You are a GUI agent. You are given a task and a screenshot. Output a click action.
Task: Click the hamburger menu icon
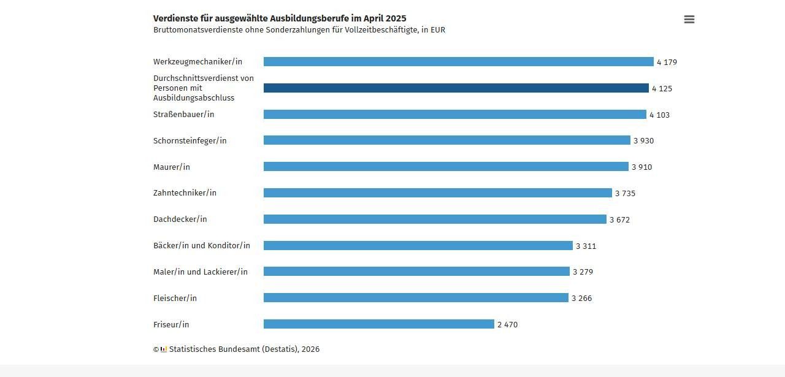tap(689, 20)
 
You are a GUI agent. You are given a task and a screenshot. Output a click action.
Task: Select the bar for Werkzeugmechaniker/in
tap(458, 62)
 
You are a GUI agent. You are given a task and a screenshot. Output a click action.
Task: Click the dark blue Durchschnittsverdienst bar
tap(456, 88)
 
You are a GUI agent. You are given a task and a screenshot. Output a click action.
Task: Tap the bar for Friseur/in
tap(378, 324)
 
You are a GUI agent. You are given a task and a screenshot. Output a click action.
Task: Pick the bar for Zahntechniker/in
tap(437, 193)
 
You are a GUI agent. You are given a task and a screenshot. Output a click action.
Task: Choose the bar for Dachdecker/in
tap(435, 219)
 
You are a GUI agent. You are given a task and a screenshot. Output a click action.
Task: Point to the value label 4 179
tap(667, 63)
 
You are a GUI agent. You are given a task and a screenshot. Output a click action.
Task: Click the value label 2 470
tap(507, 325)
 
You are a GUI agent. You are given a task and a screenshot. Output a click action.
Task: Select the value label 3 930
tap(643, 141)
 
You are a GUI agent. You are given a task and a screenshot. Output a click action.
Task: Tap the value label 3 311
tap(586, 246)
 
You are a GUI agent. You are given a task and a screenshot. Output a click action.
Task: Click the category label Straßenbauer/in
tap(183, 115)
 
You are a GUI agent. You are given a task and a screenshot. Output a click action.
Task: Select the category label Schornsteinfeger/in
tap(190, 141)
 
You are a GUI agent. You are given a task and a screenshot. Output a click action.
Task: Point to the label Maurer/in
tap(171, 167)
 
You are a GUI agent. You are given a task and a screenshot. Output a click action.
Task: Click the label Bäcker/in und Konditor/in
tap(201, 246)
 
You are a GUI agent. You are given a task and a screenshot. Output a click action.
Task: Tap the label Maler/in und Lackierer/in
tap(200, 272)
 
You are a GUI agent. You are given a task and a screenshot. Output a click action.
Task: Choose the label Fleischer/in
tap(175, 299)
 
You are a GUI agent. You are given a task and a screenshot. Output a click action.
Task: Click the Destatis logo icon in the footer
tap(164, 349)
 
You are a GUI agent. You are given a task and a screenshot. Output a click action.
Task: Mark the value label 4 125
tap(662, 89)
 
